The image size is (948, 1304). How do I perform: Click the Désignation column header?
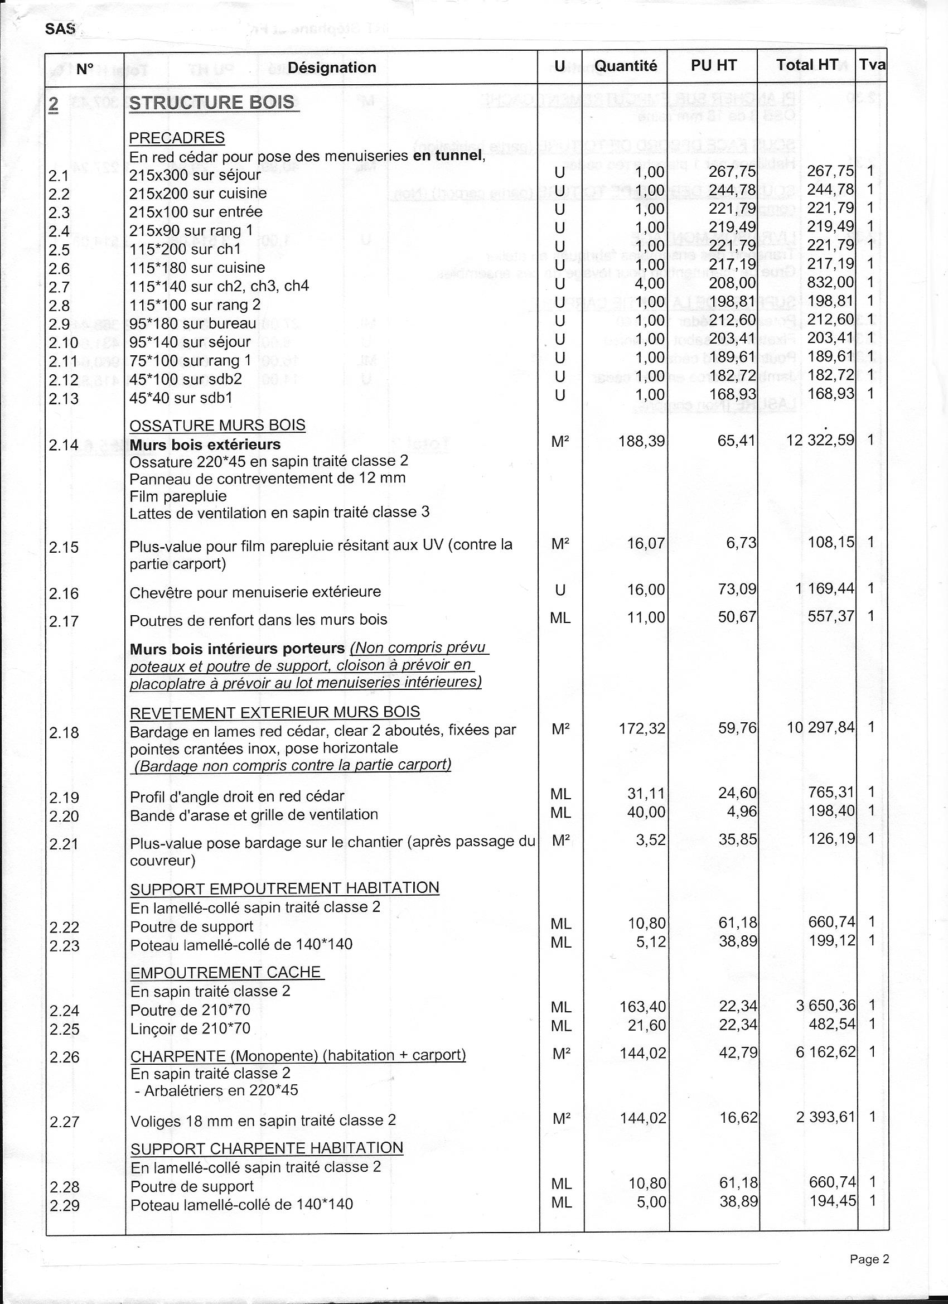click(332, 67)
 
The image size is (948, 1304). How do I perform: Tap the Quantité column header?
click(626, 66)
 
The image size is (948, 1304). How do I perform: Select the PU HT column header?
click(713, 66)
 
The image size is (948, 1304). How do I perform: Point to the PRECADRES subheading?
click(176, 138)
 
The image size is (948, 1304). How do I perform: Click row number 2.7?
click(59, 287)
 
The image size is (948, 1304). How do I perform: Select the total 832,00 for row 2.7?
click(831, 282)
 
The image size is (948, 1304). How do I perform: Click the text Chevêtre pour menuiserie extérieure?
click(255, 592)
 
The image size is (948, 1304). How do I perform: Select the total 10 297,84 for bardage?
click(821, 728)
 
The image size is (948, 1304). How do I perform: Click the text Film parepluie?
click(178, 496)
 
